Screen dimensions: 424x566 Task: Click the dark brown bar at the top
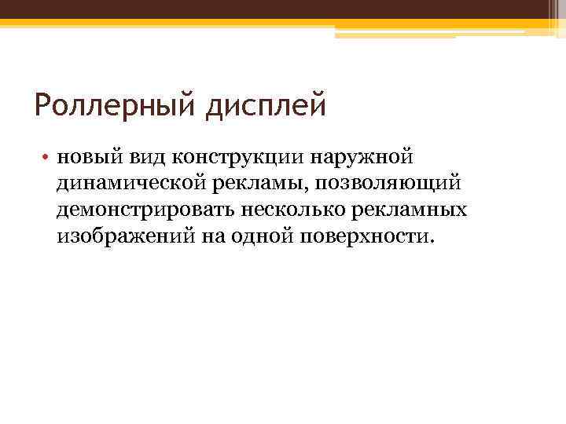pyautogui.click(x=283, y=9)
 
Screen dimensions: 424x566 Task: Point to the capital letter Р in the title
pyautogui.click(x=43, y=105)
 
